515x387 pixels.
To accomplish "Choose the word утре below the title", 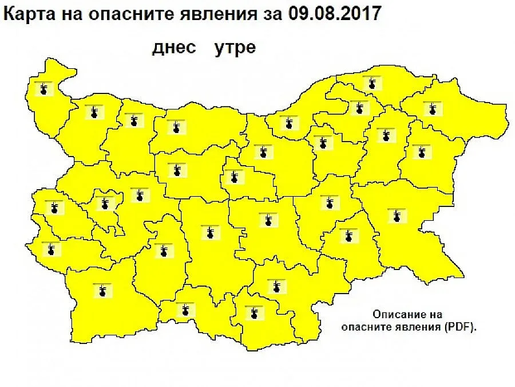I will point(235,48).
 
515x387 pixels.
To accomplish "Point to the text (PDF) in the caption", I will point(462,327).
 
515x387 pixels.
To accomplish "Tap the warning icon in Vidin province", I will point(43,89).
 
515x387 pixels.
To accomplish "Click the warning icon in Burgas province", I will point(395,215).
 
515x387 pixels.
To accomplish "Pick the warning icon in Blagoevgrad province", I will point(102,290).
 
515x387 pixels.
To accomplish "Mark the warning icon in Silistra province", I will point(373,84).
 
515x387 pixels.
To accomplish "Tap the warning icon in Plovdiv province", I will point(211,232).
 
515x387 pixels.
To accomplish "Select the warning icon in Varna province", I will point(421,151).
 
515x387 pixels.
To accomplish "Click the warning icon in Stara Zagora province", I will point(266,220).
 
